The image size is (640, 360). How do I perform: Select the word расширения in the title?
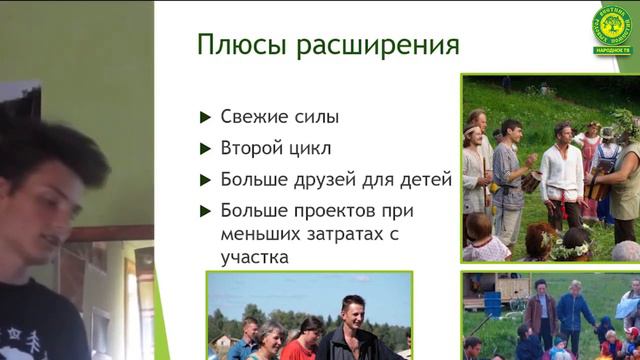tap(370, 47)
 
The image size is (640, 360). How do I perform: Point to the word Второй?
tap(249, 149)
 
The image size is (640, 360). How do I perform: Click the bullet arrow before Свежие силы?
tap(205, 118)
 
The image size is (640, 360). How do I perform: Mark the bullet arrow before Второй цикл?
tap(205, 150)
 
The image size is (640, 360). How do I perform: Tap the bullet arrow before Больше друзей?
tap(205, 182)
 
